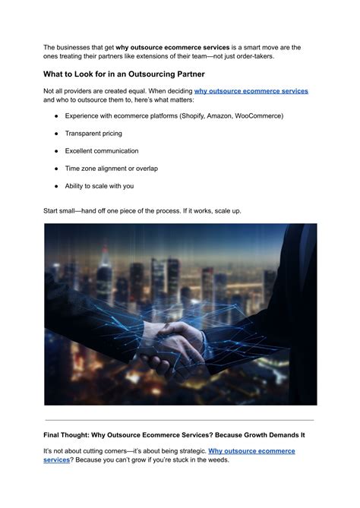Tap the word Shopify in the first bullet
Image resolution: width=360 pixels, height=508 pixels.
point(187,115)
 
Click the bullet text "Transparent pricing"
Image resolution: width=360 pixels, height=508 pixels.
point(93,133)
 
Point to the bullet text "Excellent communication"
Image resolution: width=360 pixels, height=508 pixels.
point(101,150)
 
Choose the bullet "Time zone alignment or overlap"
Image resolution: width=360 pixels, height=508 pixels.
point(112,168)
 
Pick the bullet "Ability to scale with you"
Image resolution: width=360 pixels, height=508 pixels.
point(99,185)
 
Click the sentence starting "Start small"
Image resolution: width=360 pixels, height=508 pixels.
point(143,210)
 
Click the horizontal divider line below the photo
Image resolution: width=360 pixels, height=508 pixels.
point(179,420)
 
